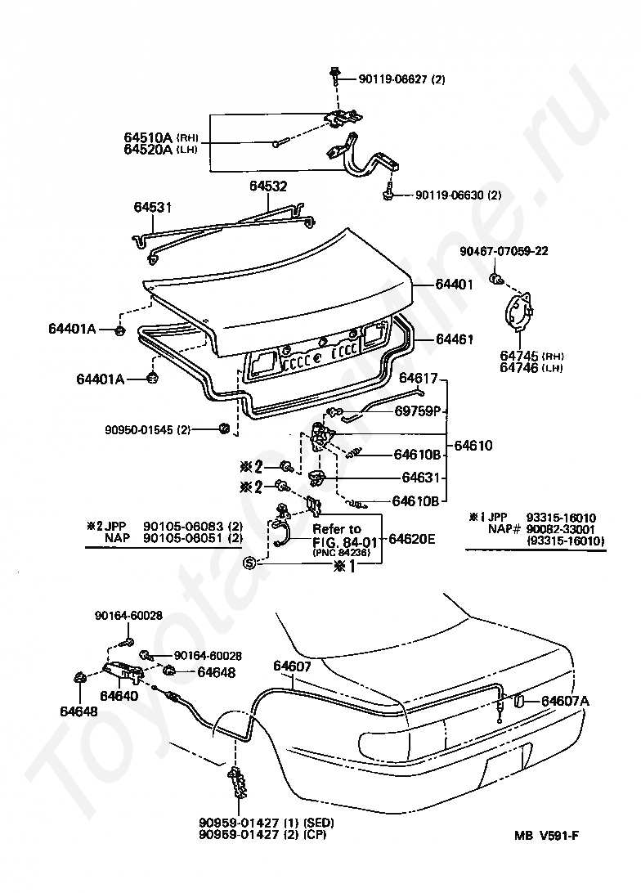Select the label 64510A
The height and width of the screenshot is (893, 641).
[x=148, y=137]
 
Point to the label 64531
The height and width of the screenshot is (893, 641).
[x=153, y=208]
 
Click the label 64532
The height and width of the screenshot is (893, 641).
[x=268, y=186]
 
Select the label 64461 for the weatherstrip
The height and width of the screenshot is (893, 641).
[x=454, y=339]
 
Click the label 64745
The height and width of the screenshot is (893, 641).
[x=519, y=356]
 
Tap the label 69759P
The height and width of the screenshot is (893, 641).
[x=423, y=411]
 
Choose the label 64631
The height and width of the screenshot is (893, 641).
[x=421, y=478]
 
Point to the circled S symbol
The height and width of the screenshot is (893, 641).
[x=250, y=563]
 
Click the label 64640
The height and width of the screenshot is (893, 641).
[x=119, y=696]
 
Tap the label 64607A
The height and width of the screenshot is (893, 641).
[x=565, y=700]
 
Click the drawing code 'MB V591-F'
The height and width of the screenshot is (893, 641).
[x=552, y=835]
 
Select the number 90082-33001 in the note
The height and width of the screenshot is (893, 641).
[x=562, y=529]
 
